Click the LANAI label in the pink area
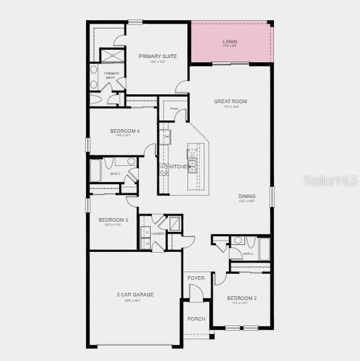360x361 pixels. (x=230, y=41)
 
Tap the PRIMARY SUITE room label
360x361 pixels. (x=152, y=56)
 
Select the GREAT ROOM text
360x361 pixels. (x=231, y=101)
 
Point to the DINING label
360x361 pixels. (x=247, y=196)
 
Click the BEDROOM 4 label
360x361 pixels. (x=125, y=131)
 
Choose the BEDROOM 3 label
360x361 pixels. (x=113, y=220)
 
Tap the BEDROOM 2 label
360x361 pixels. (x=241, y=298)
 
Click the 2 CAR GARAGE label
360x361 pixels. (x=135, y=295)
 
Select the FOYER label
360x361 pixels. (x=196, y=278)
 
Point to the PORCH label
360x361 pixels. (x=196, y=319)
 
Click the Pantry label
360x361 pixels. (x=174, y=109)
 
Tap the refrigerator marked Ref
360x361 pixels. (x=166, y=137)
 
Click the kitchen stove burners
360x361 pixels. (x=164, y=167)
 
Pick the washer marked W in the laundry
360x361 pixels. (x=146, y=243)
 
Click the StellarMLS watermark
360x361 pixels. (x=330, y=180)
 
